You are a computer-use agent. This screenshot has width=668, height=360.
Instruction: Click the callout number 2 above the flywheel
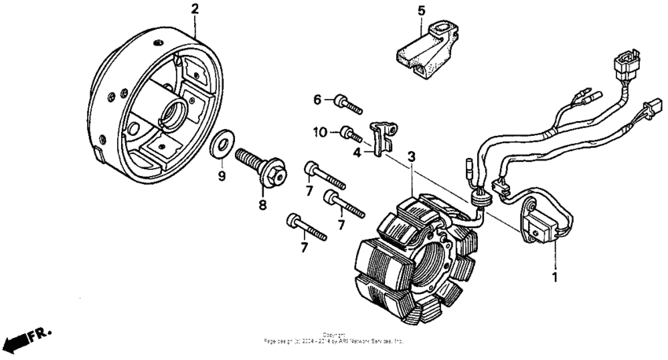(195, 9)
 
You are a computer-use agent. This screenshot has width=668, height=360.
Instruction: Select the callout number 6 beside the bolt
(318, 100)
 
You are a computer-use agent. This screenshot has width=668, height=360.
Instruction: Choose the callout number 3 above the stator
(411, 156)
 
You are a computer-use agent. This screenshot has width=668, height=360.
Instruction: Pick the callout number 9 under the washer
(222, 176)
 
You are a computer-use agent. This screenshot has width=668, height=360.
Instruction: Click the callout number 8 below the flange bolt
(262, 204)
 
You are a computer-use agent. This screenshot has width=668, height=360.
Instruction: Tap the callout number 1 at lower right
(556, 277)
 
